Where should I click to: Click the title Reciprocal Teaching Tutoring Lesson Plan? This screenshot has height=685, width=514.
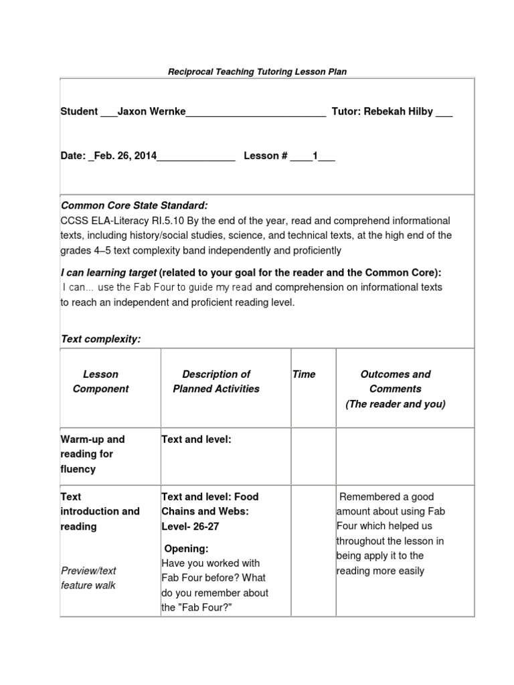pyautogui.click(x=257, y=71)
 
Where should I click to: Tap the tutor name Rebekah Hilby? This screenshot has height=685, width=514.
pyautogui.click(x=398, y=112)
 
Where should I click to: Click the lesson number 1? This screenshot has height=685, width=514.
pyautogui.click(x=315, y=156)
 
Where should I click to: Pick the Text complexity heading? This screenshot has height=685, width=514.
pyautogui.click(x=100, y=339)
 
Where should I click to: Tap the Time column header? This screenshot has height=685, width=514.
pyautogui.click(x=304, y=374)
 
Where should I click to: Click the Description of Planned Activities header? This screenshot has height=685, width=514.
pyautogui.click(x=216, y=381)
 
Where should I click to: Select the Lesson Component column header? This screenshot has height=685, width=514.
pyautogui.click(x=100, y=381)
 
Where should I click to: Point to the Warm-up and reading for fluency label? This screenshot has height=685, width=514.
pyautogui.click(x=93, y=454)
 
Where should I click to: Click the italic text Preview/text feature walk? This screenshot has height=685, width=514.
pyautogui.click(x=88, y=578)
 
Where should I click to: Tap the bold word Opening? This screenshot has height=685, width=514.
pyautogui.click(x=187, y=549)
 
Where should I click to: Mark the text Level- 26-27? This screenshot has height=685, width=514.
pyautogui.click(x=190, y=526)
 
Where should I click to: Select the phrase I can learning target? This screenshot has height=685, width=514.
pyautogui.click(x=108, y=272)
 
